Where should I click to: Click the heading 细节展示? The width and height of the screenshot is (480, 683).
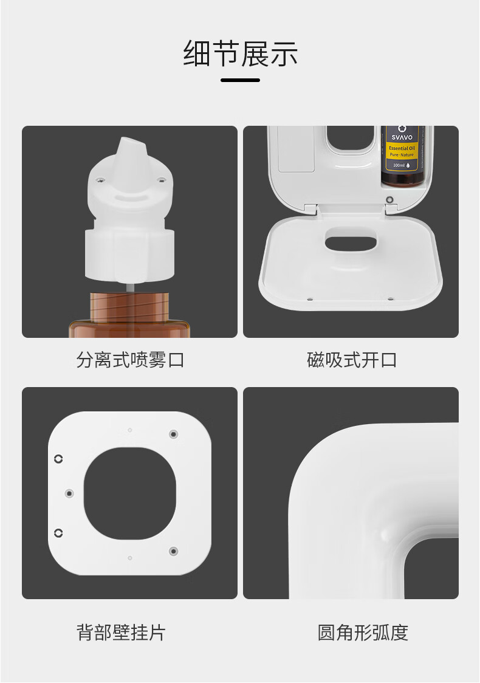point(240,53)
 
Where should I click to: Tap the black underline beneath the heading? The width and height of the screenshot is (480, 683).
point(240,80)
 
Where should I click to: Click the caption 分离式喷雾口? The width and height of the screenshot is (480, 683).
point(130,360)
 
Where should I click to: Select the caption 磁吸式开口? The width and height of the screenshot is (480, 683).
point(352,360)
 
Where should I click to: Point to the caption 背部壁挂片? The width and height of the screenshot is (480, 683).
point(121,633)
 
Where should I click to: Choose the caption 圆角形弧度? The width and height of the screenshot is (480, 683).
point(363,633)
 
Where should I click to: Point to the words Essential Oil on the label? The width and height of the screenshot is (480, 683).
point(402,148)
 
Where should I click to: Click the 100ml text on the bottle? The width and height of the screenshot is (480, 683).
point(399,165)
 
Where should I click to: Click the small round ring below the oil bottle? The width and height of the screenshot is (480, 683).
point(390,199)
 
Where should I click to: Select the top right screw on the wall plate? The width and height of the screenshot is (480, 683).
point(173,434)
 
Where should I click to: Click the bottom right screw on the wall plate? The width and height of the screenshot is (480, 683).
point(173,551)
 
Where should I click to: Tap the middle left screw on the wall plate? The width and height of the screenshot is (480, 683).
point(69,493)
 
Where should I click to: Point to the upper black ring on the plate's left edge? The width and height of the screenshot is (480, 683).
point(58,458)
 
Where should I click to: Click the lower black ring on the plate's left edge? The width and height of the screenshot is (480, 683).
point(58,533)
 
